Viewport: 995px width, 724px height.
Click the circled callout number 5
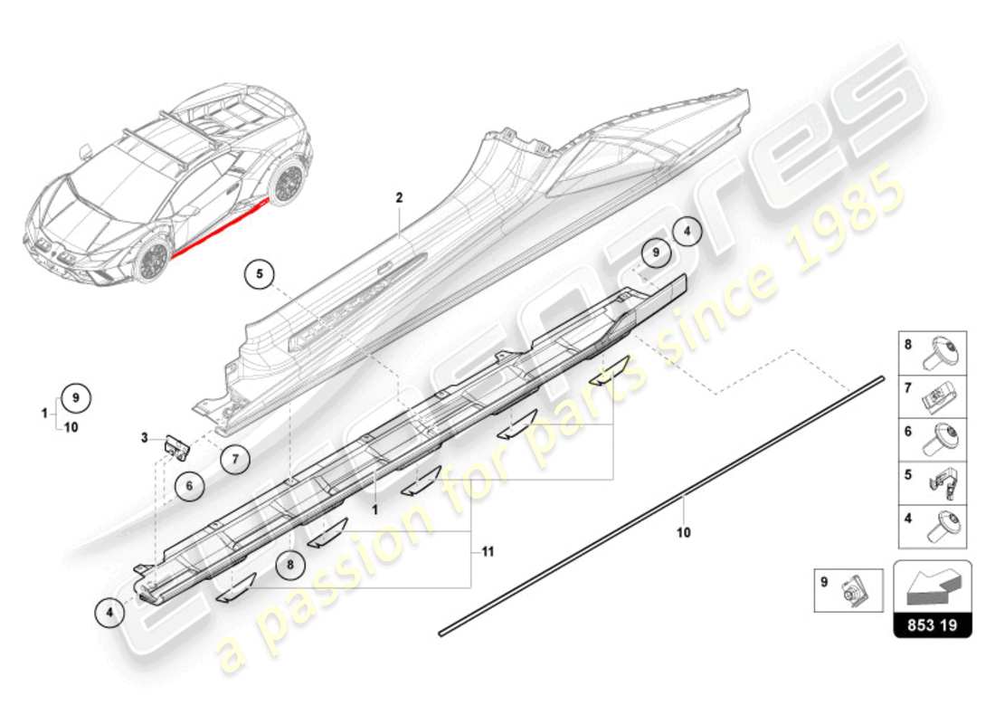pyautogui.click(x=259, y=273)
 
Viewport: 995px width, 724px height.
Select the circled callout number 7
pyautogui.click(x=234, y=460)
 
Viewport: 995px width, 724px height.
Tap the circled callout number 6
pyautogui.click(x=190, y=486)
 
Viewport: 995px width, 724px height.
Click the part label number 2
pyautogui.click(x=398, y=196)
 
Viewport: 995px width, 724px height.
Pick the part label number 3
pyautogui.click(x=144, y=439)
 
